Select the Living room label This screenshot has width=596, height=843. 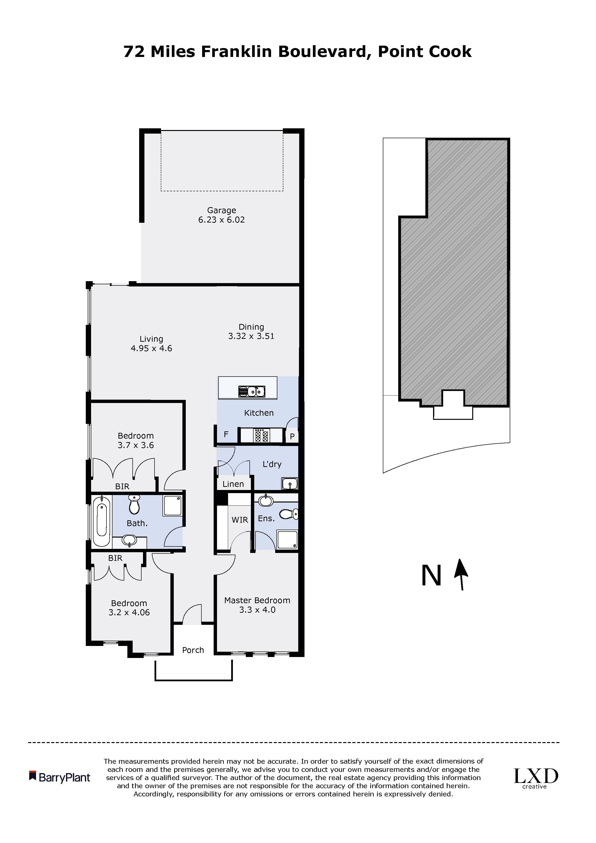pyautogui.click(x=151, y=339)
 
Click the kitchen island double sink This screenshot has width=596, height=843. pyautogui.click(x=252, y=391)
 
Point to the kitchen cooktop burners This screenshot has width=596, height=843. pyautogui.click(x=261, y=436)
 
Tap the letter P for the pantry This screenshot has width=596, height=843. pyautogui.click(x=292, y=437)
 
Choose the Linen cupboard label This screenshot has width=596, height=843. pyautogui.click(x=233, y=484)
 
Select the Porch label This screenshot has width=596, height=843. pyautogui.click(x=193, y=650)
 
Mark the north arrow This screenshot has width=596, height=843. pyautogui.click(x=461, y=575)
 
